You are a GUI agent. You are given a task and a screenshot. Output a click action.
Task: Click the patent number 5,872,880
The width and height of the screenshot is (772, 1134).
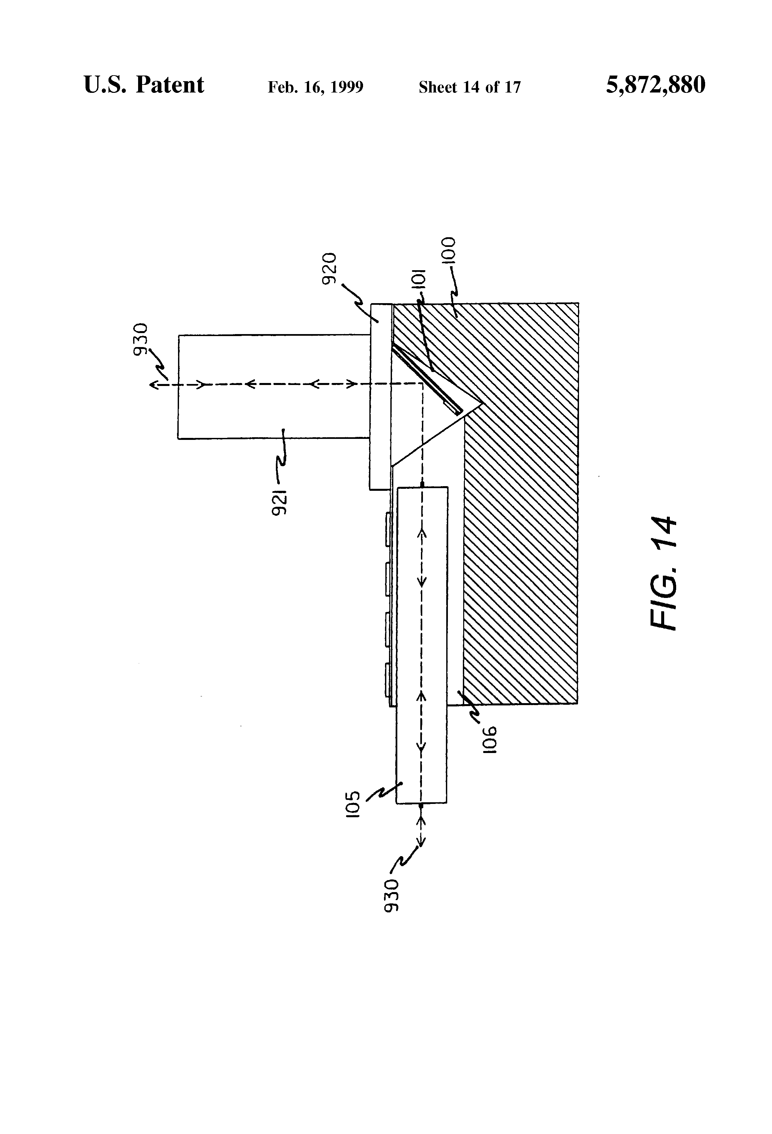tap(656, 85)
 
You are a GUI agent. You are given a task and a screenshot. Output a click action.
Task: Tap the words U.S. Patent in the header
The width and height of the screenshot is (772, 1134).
tap(144, 85)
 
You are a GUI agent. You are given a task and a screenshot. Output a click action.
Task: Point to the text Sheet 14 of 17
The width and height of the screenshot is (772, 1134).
tap(470, 87)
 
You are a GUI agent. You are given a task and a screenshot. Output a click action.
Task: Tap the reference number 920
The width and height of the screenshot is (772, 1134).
tap(330, 269)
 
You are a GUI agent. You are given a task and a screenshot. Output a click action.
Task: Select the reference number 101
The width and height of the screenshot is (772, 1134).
tap(420, 280)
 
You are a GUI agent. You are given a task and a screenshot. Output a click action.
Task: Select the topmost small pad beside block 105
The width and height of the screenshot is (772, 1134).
tap(388, 528)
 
